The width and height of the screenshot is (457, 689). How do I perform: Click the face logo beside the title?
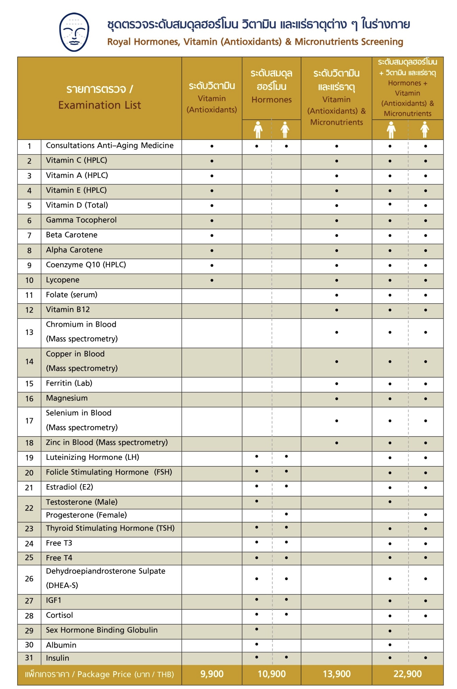(x=74, y=32)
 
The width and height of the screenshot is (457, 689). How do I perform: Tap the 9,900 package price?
(x=212, y=674)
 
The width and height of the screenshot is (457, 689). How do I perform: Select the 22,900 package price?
(x=408, y=674)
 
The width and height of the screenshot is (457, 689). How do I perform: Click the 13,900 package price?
(x=337, y=674)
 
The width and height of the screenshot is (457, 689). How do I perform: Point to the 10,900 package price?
(x=272, y=674)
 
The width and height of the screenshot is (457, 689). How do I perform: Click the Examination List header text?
(x=99, y=105)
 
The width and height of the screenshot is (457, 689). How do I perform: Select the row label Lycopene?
(x=63, y=280)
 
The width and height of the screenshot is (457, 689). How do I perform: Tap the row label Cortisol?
(x=59, y=615)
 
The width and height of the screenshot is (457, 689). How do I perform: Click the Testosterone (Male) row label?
(x=82, y=502)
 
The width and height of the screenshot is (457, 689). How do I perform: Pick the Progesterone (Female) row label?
(x=86, y=515)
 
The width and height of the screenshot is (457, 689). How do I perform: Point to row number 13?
(x=29, y=332)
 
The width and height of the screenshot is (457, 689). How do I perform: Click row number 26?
(x=29, y=578)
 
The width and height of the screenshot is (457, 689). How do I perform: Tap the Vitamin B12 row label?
(x=68, y=310)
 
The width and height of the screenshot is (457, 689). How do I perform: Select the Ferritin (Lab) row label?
(x=69, y=383)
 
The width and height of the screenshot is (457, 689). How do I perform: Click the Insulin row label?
(x=57, y=658)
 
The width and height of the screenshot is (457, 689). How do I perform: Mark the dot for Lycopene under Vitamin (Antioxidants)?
(x=212, y=280)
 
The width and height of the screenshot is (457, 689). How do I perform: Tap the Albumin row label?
(x=61, y=645)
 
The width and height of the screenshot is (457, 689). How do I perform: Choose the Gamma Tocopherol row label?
(x=81, y=220)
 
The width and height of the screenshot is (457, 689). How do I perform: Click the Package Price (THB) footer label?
(x=99, y=674)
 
